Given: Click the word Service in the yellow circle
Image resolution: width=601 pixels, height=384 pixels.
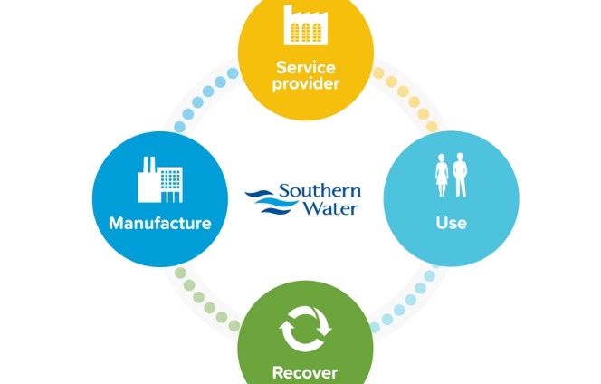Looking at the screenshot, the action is point(306,68).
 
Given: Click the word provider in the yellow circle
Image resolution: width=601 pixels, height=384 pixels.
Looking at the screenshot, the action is point(306,84).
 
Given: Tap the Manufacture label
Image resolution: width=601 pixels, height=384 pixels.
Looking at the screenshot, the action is point(160,224).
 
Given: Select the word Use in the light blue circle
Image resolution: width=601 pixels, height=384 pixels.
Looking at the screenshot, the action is point(451,223).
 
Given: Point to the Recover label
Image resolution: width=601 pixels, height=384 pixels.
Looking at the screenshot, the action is point(305,372).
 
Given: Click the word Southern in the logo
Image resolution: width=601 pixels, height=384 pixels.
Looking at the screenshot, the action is point(320,191).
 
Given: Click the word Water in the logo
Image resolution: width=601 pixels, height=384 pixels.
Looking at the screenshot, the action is point(332,207).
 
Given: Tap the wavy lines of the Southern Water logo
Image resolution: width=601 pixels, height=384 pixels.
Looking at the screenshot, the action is point(271,201).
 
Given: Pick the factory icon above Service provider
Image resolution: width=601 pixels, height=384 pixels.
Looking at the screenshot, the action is point(306,25).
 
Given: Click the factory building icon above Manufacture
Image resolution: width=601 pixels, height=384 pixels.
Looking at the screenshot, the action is point(160,179).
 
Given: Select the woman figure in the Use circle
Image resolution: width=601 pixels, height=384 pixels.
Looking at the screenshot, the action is point(442,176).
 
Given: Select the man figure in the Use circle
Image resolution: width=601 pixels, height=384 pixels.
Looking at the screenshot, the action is point(460,175).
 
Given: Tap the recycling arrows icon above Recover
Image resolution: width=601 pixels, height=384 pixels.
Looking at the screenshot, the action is point(305,329).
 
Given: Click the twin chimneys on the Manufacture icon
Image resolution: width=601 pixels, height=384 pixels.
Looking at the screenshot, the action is point(148,165).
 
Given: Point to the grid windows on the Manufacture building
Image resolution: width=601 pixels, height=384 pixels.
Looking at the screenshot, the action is point(171,179).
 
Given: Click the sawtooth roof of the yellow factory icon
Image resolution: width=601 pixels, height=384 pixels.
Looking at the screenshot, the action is point(306,13).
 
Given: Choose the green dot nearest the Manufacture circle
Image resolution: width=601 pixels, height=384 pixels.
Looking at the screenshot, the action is point(180,273).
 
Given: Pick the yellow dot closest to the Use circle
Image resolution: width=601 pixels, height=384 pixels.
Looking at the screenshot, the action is point(432,126).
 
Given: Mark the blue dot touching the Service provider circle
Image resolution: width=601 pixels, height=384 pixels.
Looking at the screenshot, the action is point(233,72).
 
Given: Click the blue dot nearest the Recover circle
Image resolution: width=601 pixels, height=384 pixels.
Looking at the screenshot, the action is point(375,327).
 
